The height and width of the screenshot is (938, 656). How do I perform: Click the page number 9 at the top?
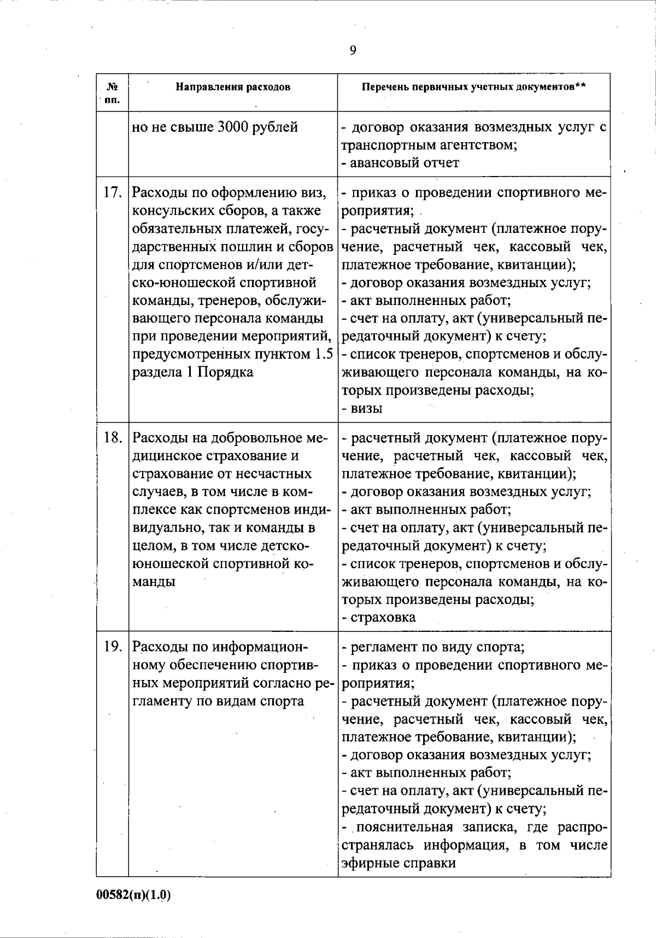coord(353,51)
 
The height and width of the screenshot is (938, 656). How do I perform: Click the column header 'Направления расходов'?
coord(232,87)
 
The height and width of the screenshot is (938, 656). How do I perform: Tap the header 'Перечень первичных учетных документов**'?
coord(474,87)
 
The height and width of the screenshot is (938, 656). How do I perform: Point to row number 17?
coord(112,193)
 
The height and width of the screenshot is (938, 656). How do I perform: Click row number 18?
coord(112,438)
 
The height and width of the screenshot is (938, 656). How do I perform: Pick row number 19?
coord(112,647)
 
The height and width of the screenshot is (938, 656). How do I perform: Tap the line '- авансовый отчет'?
coord(400,163)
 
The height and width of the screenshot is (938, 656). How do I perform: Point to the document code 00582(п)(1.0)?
coord(134,895)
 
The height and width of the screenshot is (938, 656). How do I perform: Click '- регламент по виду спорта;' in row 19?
coord(433,647)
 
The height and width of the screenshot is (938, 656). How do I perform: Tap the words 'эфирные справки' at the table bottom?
coord(399,863)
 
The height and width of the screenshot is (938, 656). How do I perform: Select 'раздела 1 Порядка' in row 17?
coord(193,372)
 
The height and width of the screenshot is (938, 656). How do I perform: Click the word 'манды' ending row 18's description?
coord(154,582)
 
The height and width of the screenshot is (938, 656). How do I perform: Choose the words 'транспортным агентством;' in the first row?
coord(430,145)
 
